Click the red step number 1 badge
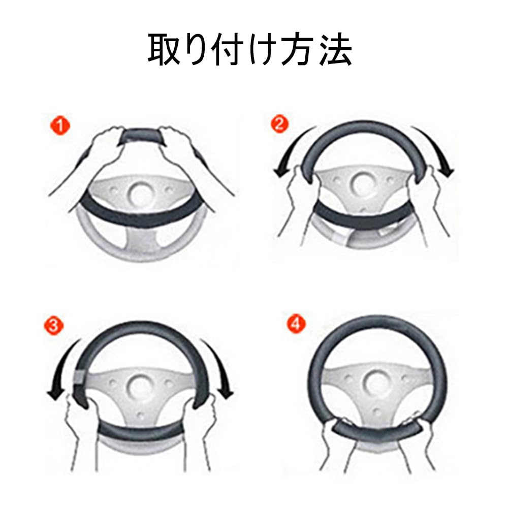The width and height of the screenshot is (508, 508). [x=60, y=125]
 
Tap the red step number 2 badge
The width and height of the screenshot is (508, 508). [x=278, y=125]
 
